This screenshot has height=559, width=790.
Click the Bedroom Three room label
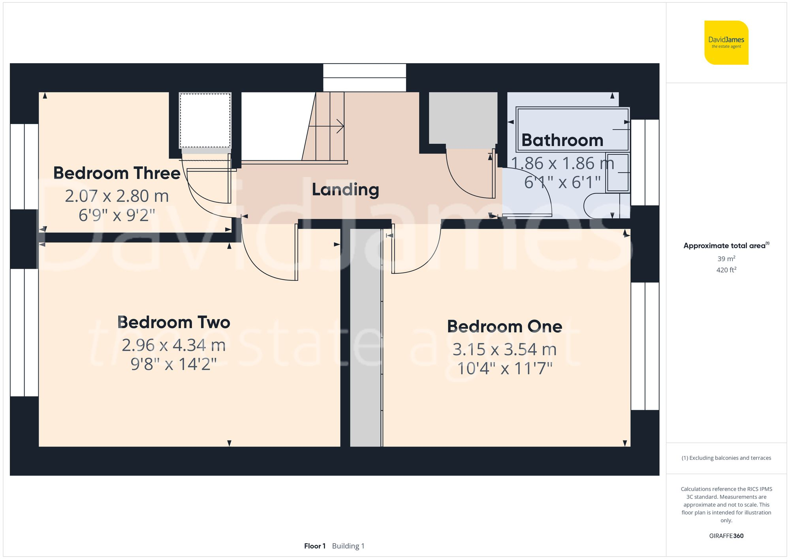(x=117, y=173)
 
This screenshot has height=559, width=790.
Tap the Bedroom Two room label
(x=174, y=322)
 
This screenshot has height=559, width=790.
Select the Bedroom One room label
(x=504, y=327)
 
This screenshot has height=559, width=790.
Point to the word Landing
(x=345, y=190)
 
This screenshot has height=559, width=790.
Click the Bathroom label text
(x=562, y=140)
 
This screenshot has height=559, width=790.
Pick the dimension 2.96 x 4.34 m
(x=174, y=345)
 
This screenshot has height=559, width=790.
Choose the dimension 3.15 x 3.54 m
(x=504, y=350)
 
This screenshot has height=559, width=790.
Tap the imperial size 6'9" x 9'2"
(x=117, y=215)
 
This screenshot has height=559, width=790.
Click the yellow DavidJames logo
(x=726, y=43)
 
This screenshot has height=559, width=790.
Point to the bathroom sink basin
(x=617, y=173)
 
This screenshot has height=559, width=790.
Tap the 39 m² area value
(x=726, y=259)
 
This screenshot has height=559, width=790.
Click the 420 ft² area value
(x=726, y=270)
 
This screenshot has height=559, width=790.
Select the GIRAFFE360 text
(x=726, y=536)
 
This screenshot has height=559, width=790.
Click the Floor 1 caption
(x=315, y=546)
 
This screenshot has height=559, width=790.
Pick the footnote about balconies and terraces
(x=726, y=458)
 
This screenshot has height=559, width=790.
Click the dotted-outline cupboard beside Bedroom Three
(x=205, y=120)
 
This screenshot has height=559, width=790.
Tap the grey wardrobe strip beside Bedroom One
(x=365, y=338)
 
